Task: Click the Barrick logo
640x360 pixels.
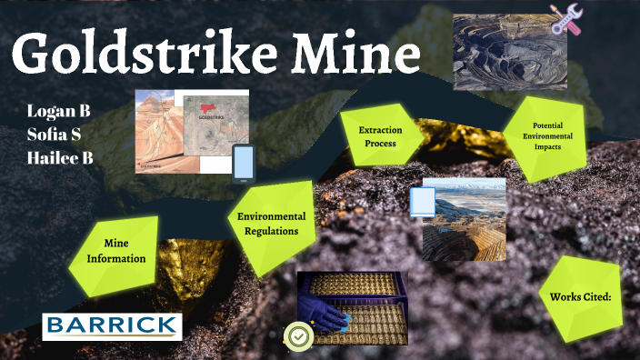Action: tap(112, 325)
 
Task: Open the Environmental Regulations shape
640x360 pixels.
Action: tap(271, 224)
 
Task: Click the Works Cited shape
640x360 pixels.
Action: tap(578, 297)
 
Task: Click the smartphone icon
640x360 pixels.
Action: tap(244, 164)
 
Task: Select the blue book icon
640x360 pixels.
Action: tap(422, 201)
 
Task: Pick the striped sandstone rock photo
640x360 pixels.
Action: tap(159, 132)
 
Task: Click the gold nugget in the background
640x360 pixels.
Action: tap(186, 264)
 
